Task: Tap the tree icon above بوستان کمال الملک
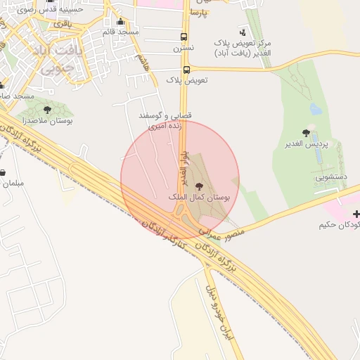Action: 199,186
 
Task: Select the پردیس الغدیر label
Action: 307,145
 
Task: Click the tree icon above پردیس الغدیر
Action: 306,132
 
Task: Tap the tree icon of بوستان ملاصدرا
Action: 47,110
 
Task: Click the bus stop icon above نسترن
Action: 184,37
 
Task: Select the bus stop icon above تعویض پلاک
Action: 186,70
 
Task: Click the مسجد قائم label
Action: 121,32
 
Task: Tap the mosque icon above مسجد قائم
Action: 120,21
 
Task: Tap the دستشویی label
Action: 331,179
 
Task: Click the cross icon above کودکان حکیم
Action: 356,213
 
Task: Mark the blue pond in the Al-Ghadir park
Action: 316,109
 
